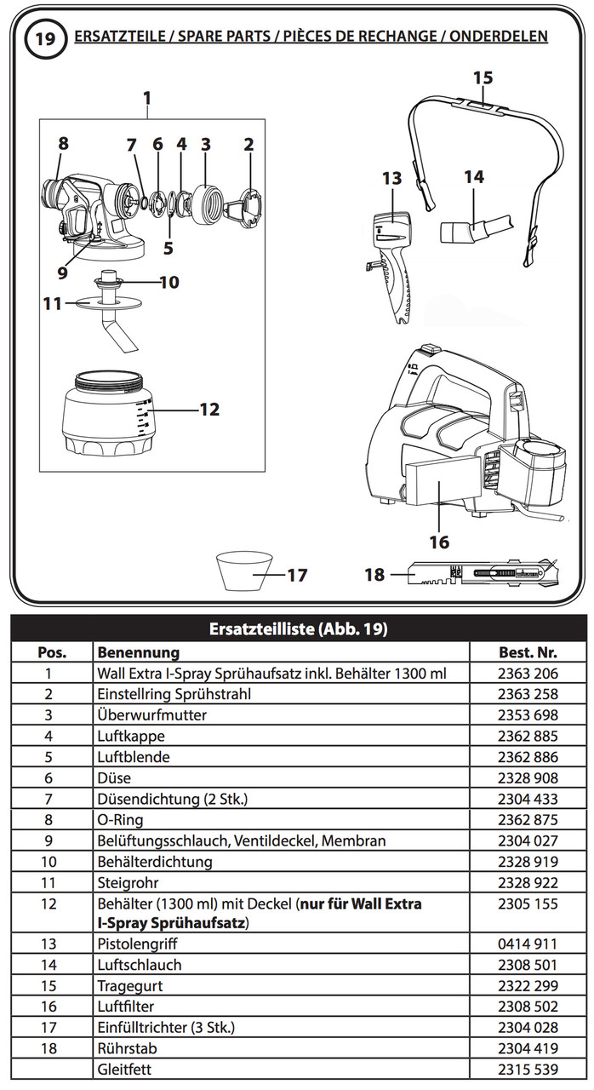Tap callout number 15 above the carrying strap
click(x=483, y=77)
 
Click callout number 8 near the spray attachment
click(x=64, y=143)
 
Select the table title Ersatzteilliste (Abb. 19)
click(x=297, y=630)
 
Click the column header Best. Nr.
click(x=528, y=652)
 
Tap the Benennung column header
click(x=138, y=652)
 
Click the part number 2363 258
click(x=528, y=694)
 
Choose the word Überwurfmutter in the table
click(x=151, y=714)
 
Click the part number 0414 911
click(x=528, y=944)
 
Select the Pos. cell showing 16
click(x=49, y=1006)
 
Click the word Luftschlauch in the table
click(x=139, y=965)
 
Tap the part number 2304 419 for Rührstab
click(x=528, y=1047)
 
